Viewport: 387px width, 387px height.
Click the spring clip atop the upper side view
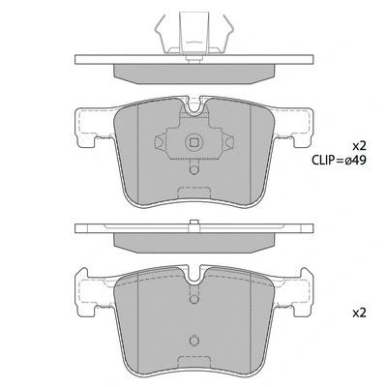point(194,30)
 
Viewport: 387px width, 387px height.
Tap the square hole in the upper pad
point(194,146)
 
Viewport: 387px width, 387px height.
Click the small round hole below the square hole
point(194,171)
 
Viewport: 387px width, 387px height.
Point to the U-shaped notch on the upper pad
point(194,110)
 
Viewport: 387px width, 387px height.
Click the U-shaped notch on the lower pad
point(194,278)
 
